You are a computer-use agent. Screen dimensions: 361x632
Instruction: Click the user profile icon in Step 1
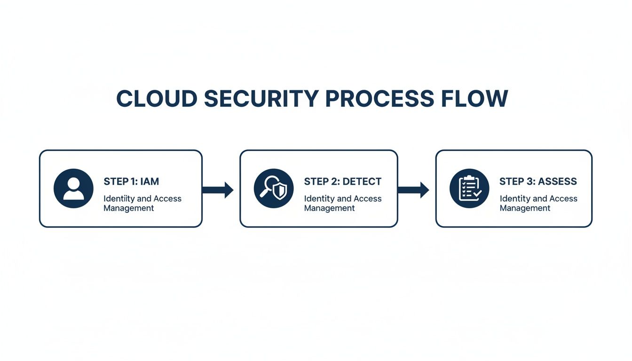tap(73, 188)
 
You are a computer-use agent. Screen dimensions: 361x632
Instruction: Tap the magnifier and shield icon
tap(274, 188)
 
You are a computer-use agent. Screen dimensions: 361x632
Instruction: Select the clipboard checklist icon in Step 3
tap(469, 188)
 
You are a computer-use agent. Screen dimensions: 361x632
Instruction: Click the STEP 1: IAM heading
tap(131, 181)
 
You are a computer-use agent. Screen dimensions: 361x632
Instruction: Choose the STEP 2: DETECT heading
tap(342, 181)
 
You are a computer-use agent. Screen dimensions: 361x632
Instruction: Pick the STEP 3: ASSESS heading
tap(538, 181)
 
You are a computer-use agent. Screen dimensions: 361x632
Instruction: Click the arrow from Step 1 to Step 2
tap(218, 190)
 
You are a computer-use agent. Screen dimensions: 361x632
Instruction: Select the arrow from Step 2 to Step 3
tap(413, 190)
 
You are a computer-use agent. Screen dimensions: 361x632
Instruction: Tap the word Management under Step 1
tap(128, 208)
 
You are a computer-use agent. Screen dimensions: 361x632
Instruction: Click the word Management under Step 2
tap(329, 208)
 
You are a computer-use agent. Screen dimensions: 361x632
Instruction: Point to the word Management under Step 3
tap(525, 208)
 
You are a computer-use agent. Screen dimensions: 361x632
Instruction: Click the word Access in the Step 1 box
tap(167, 199)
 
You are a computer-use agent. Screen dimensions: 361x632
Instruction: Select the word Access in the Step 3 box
tap(563, 199)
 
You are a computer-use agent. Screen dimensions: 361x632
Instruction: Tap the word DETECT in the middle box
tap(362, 181)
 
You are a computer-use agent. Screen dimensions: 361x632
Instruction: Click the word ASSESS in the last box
tap(558, 181)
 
